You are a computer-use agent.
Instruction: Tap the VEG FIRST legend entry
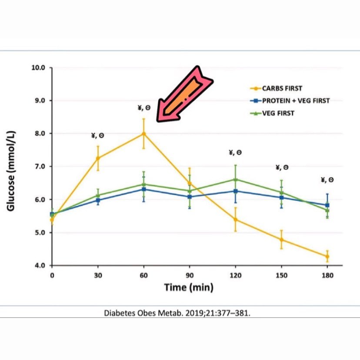[x=278, y=113]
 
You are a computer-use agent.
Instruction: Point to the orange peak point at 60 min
[x=143, y=133]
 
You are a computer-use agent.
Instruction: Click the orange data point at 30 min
[x=98, y=158]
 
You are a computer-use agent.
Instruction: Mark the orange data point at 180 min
[x=327, y=257]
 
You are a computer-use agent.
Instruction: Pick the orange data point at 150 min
[x=281, y=240]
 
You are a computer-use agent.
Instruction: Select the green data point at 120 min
[x=235, y=179]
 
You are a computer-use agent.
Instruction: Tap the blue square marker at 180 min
[x=327, y=205]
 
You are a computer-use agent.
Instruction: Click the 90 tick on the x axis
[x=189, y=275]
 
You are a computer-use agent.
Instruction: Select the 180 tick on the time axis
[x=327, y=275]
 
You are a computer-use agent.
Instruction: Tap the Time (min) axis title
[x=189, y=287]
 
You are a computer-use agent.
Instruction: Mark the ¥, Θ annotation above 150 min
[x=282, y=167]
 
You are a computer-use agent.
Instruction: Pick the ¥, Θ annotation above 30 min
[x=98, y=136]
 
